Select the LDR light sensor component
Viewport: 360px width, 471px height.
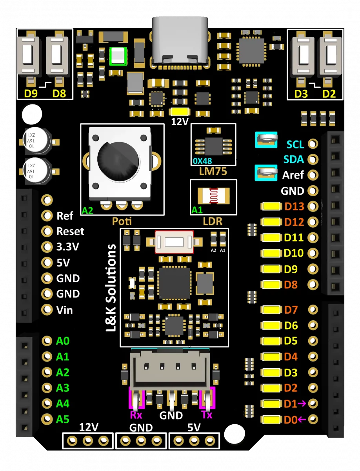pyautogui.click(x=213, y=196)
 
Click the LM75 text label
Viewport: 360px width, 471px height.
pyautogui.click(x=213, y=171)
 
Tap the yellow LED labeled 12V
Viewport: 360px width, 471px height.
pyautogui.click(x=179, y=111)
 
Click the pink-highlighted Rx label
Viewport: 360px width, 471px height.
pyautogui.click(x=136, y=414)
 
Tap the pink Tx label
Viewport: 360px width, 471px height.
pyautogui.click(x=206, y=414)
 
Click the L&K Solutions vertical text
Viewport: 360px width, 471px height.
pyautogui.click(x=112, y=288)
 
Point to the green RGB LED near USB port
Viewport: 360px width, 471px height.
pyautogui.click(x=118, y=56)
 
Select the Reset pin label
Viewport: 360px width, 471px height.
pyautogui.click(x=70, y=231)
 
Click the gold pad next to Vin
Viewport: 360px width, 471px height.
pyautogui.click(x=47, y=310)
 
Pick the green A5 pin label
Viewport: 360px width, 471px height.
pyautogui.click(x=63, y=419)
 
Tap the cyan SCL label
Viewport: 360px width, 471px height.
pyautogui.click(x=295, y=144)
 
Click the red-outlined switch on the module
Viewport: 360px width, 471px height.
pyautogui.click(x=175, y=241)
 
